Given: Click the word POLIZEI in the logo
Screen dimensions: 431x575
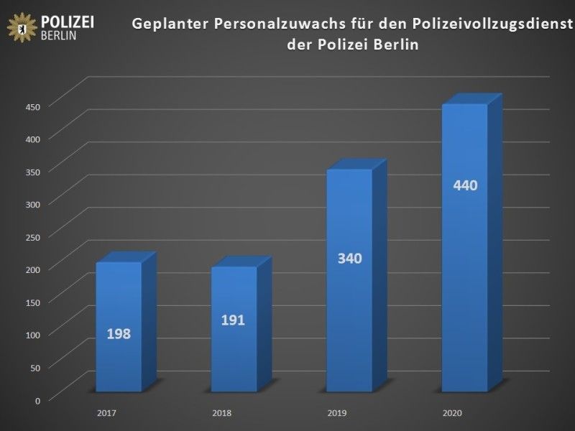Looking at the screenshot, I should [x=69, y=21].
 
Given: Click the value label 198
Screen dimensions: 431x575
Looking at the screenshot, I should [x=119, y=334].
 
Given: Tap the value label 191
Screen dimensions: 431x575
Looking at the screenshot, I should [x=233, y=320].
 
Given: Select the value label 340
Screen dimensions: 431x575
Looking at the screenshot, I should [x=350, y=258].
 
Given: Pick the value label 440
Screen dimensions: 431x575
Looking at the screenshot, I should [x=466, y=185].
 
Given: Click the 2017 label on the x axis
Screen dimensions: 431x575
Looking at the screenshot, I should [x=106, y=413].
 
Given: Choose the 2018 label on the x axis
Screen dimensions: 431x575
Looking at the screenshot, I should [x=222, y=413].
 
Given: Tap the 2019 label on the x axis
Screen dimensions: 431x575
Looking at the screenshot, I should [x=337, y=413].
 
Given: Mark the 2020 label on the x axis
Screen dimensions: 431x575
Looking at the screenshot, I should [x=452, y=413].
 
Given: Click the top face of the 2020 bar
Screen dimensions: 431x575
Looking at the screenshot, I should [x=472, y=99].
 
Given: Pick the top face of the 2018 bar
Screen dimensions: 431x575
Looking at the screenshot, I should [x=241, y=261].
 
